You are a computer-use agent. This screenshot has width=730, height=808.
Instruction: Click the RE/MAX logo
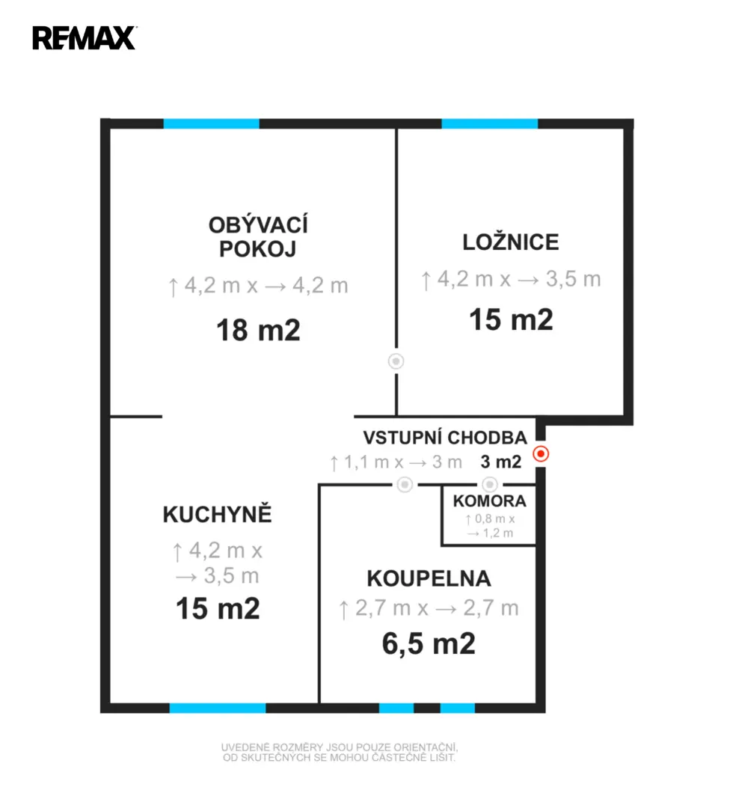click(85, 38)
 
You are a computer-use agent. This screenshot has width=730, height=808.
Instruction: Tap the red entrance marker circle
click(541, 453)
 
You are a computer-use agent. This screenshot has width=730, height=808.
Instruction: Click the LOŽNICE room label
click(511, 242)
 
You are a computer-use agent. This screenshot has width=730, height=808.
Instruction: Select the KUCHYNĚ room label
click(217, 514)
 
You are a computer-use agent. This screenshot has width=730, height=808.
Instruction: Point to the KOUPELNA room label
click(429, 578)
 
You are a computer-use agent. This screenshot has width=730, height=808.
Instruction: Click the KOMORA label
click(489, 501)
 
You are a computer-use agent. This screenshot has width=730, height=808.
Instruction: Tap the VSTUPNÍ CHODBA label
click(445, 438)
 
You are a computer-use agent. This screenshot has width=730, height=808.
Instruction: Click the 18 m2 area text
click(258, 330)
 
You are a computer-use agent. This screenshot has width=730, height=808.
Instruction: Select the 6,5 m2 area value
click(429, 643)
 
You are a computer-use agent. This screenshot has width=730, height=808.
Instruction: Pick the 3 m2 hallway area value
click(500, 462)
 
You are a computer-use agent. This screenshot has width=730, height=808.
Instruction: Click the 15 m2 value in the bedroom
click(511, 319)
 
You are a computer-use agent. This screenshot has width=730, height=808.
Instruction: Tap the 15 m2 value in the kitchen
click(218, 608)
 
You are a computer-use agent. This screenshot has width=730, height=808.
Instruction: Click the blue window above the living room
click(211, 123)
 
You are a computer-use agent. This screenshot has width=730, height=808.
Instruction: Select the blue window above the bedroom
click(490, 123)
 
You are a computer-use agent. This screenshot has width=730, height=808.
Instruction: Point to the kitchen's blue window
click(218, 708)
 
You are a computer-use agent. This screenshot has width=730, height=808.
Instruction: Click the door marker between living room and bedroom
click(396, 361)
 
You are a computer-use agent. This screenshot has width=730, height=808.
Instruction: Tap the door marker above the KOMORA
click(489, 484)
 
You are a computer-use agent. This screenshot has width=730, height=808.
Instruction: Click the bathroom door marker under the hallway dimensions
click(405, 484)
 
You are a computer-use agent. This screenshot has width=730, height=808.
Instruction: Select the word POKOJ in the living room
click(257, 249)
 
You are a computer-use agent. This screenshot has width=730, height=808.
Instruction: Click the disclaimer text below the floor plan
click(340, 753)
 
